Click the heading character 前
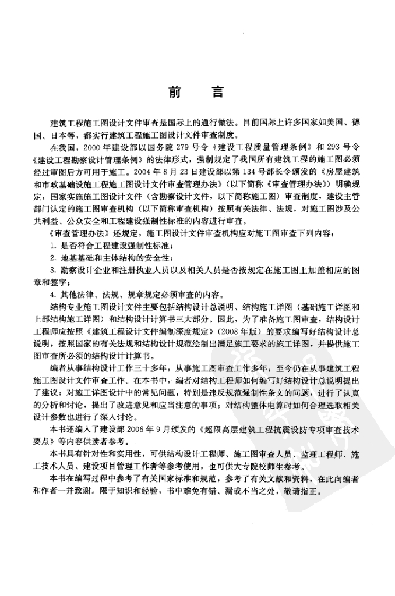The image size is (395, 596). coord(174,92)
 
